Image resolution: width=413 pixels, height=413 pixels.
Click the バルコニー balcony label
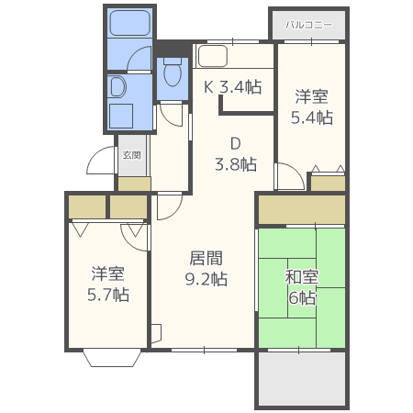click(x=308, y=25)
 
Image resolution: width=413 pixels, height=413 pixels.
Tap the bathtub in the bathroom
click(x=129, y=23)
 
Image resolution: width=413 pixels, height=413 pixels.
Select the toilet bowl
click(x=173, y=73)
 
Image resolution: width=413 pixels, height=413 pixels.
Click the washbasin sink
click(x=117, y=87)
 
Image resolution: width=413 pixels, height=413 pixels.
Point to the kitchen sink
click(x=212, y=56)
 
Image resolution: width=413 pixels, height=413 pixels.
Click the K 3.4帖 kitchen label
click(x=233, y=87)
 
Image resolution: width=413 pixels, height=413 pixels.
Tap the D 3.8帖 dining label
click(x=236, y=154)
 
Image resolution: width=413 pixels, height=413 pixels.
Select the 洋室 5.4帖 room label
click(x=312, y=106)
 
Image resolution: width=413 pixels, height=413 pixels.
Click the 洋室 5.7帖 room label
click(x=108, y=285)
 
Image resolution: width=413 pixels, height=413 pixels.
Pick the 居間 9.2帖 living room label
click(x=206, y=268)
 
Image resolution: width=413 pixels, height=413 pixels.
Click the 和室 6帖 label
click(x=302, y=287)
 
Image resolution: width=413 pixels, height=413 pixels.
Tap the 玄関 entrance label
click(x=131, y=155)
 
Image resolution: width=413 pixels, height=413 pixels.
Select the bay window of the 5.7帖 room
click(x=112, y=359)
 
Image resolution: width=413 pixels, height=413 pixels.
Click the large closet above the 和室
click(x=302, y=210)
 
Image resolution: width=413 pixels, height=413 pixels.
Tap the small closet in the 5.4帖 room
click(x=329, y=184)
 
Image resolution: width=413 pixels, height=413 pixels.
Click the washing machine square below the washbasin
click(x=121, y=117)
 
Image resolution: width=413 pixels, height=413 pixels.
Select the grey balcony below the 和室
click(x=302, y=379)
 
